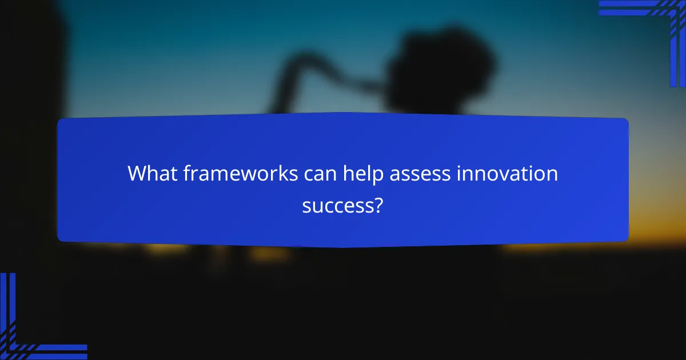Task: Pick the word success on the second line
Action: click(337, 205)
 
